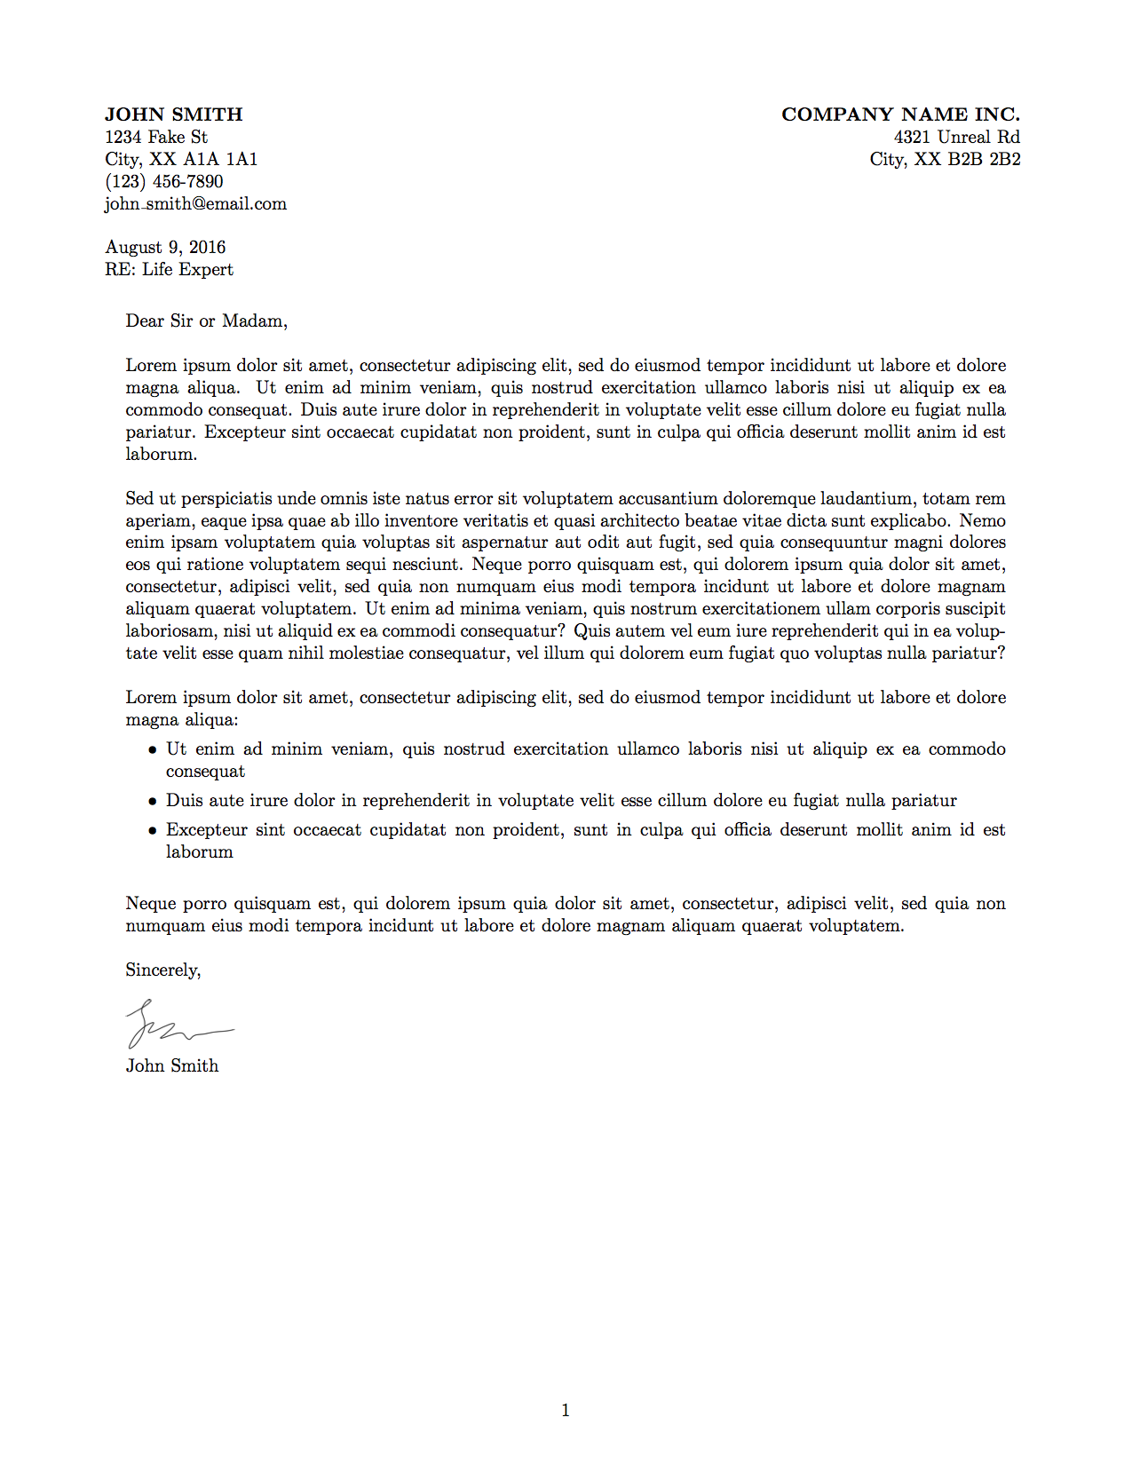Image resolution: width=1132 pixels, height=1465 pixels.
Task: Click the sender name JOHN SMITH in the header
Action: tap(173, 115)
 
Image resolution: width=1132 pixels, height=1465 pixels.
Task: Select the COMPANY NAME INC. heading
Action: tap(900, 115)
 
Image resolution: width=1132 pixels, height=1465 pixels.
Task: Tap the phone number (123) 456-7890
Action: tap(164, 181)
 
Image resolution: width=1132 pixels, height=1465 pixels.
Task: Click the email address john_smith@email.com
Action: tap(195, 203)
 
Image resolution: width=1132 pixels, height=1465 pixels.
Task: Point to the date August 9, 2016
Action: tap(165, 247)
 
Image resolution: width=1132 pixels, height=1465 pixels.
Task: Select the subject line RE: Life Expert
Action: tap(169, 269)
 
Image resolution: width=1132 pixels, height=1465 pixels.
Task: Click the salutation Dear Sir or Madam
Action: tap(206, 321)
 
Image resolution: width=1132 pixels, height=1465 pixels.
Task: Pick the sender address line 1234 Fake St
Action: tap(156, 137)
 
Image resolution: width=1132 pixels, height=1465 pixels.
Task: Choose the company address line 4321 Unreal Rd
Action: tap(956, 137)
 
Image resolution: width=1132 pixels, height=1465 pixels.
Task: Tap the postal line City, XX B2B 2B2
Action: tap(945, 159)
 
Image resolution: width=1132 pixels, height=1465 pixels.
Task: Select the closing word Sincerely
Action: tap(163, 970)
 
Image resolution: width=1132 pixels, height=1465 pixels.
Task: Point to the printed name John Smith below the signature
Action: tap(172, 1065)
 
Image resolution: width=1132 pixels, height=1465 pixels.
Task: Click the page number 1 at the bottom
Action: tap(566, 1410)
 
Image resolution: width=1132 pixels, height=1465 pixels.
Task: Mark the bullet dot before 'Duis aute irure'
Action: tap(153, 802)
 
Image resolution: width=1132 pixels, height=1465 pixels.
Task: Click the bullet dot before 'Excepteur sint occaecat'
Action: tap(153, 831)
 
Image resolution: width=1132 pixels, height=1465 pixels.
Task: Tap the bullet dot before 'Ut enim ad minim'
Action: tap(153, 750)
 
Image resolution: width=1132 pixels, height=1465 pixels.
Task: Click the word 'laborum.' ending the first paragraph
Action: tap(162, 454)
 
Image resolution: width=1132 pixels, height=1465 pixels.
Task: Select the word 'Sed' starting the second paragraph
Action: tap(139, 498)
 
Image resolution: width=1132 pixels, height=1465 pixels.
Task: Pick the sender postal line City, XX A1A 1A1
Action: tap(181, 159)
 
